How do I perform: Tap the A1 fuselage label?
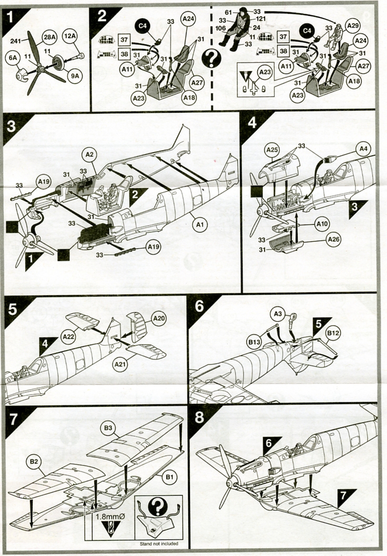point(199,225)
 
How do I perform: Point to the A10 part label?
point(323,223)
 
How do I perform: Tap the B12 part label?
point(333,333)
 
